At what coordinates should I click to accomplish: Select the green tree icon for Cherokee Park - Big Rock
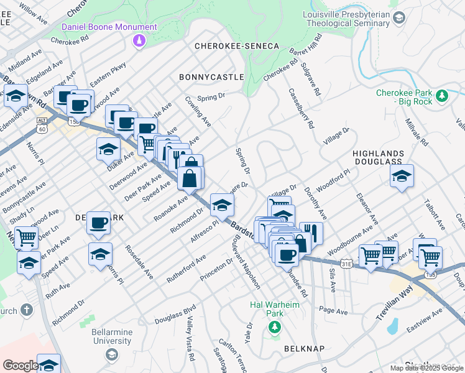click(442, 96)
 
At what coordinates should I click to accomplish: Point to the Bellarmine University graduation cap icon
click(112, 354)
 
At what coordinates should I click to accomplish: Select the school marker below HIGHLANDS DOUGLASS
click(402, 177)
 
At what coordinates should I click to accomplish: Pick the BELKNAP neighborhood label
click(305, 349)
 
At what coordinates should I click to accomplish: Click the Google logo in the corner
click(20, 366)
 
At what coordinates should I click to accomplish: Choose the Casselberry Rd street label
click(301, 108)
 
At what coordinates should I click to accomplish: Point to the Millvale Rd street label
click(415, 132)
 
